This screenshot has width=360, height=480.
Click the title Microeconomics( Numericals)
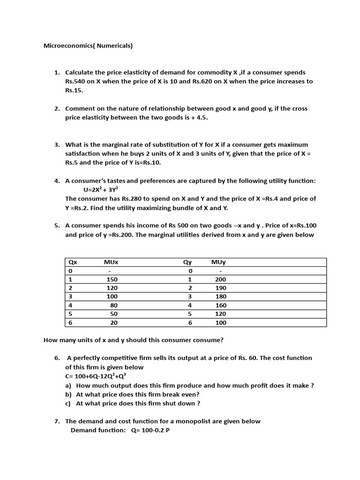88,46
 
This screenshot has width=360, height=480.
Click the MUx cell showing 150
112,279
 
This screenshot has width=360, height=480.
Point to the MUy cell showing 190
220,288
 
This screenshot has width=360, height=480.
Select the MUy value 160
220,305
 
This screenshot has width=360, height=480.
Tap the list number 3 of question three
57,145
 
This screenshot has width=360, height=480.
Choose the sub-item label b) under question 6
68,394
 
